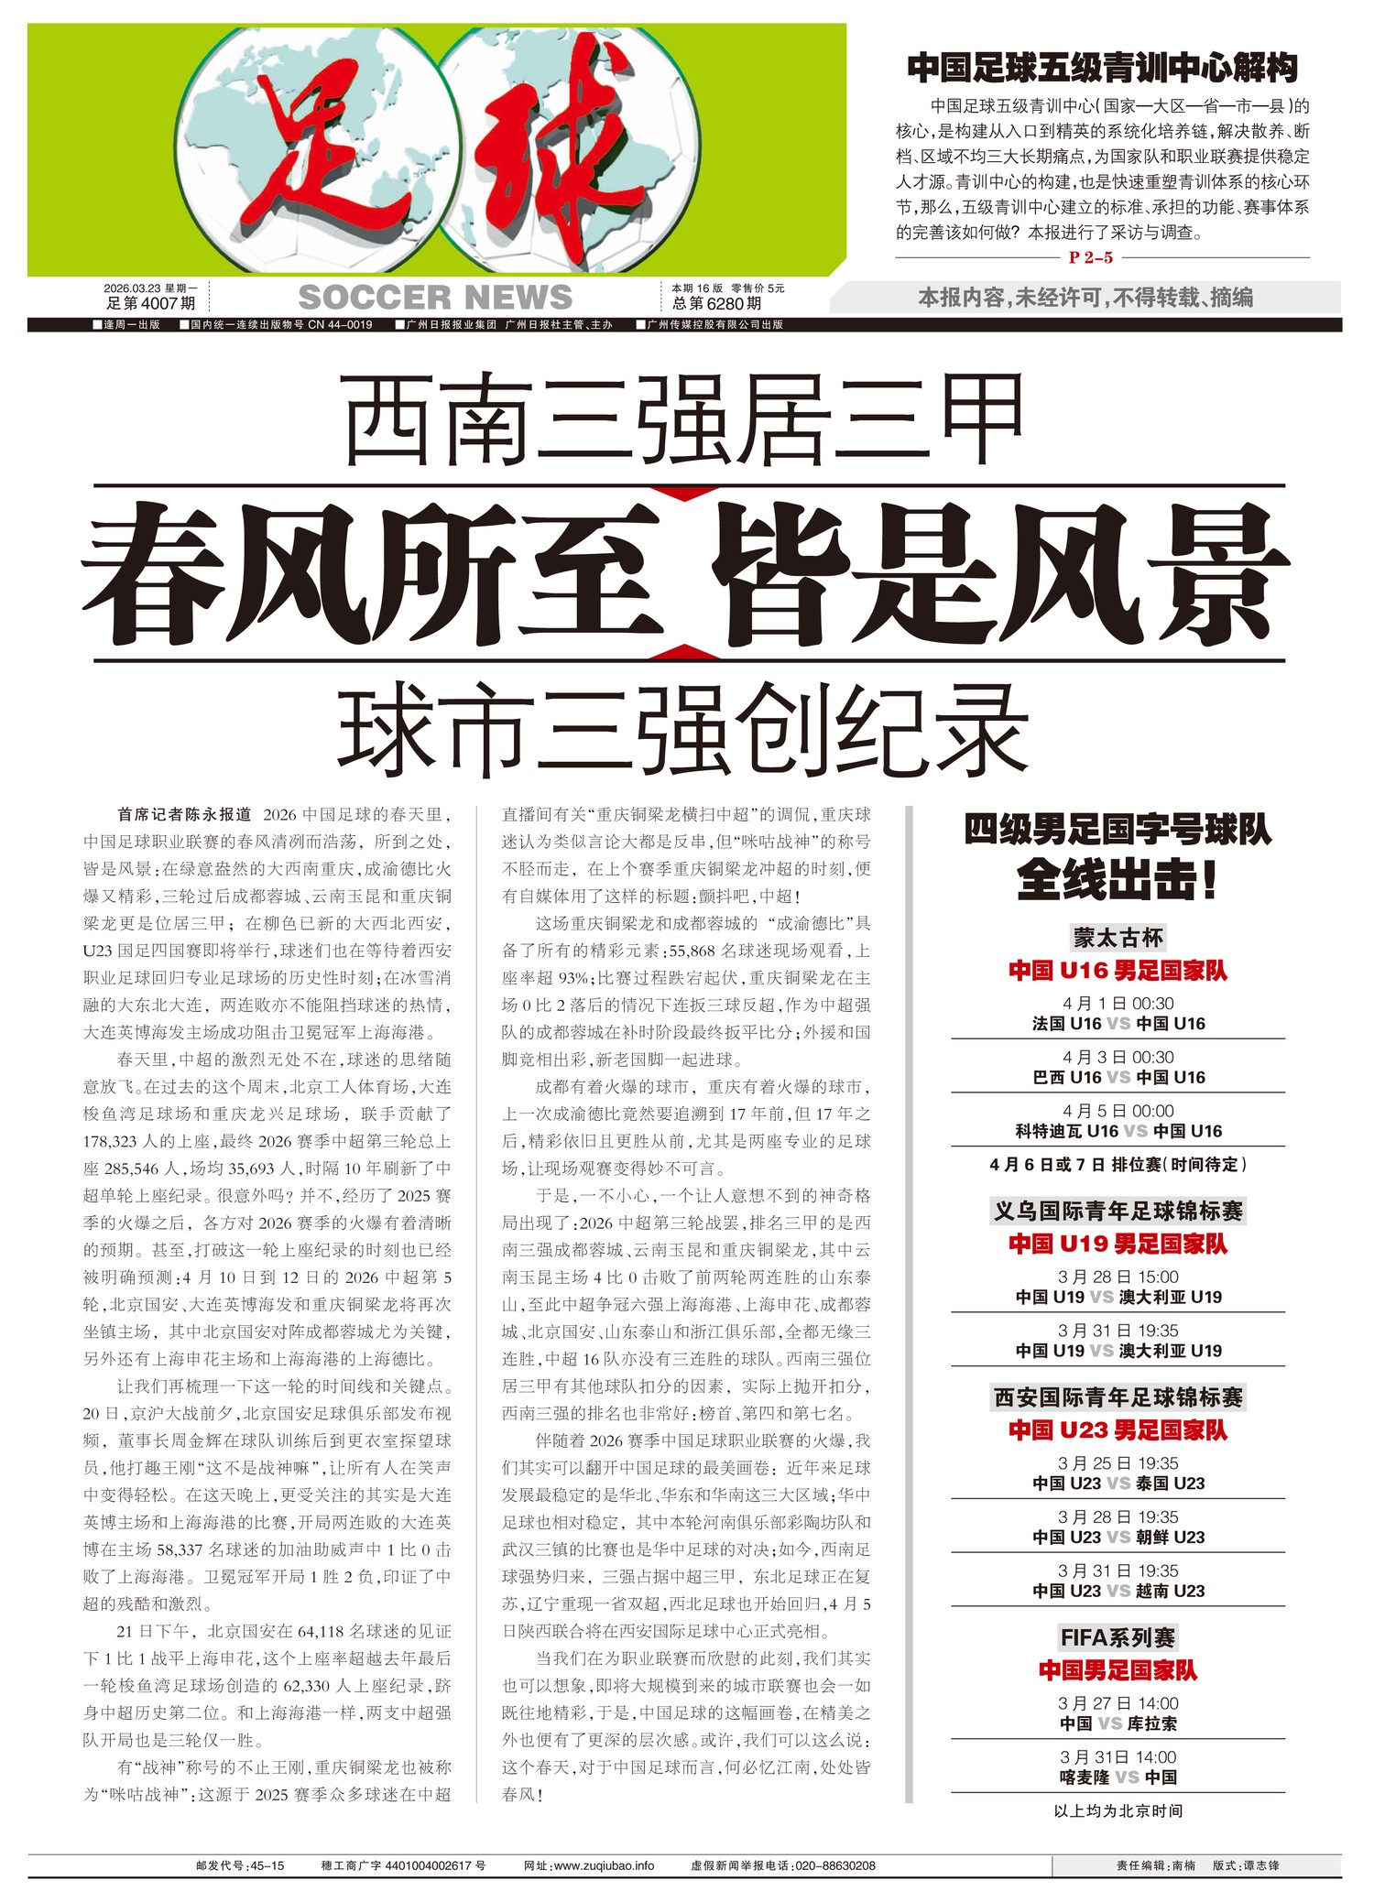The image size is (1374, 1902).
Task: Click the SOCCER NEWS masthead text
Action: [435, 298]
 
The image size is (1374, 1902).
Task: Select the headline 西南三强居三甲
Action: [685, 419]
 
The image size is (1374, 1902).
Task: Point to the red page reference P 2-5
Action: [1091, 258]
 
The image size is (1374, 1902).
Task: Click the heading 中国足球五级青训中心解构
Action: [1102, 68]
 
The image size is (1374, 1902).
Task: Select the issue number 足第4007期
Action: [150, 304]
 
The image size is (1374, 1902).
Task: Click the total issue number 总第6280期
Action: [716, 304]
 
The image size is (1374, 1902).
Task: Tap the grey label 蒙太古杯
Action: [1118, 938]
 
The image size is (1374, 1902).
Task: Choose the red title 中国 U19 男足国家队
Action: [1118, 1244]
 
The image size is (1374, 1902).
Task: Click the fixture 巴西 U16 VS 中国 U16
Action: [1118, 1078]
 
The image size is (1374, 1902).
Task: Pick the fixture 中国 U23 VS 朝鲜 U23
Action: [1118, 1538]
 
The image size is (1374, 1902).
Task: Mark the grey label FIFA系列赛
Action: [1118, 1637]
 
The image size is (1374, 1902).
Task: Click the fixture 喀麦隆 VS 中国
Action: [1118, 1777]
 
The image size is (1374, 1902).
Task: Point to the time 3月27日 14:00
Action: [1118, 1703]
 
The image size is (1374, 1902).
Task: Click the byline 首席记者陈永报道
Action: [184, 814]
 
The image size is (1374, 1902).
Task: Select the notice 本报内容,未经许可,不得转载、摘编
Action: [1085, 298]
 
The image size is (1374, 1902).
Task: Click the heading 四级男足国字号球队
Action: [1118, 830]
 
